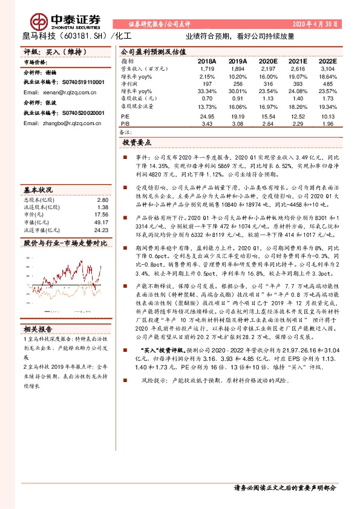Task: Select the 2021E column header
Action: pos(297,62)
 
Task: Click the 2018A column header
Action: pos(207,62)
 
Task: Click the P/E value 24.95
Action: pos(207,116)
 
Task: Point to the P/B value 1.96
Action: pos(328,123)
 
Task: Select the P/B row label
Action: pos(125,123)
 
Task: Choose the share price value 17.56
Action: pos(101,215)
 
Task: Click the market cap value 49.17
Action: pos(101,222)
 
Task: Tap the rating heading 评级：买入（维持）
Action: pos(47,53)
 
